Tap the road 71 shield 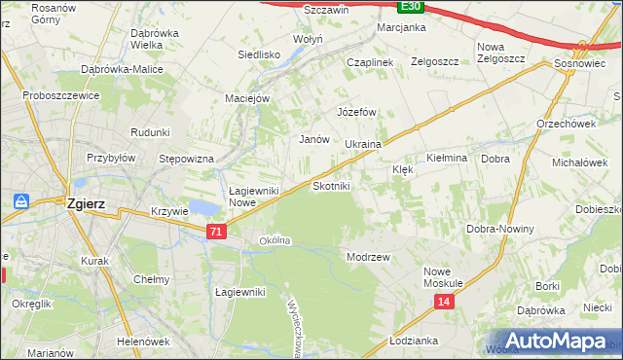coord(216,232)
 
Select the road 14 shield coord(444,303)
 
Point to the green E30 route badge coord(411,6)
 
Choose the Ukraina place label coord(363,144)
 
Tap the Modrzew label coord(368,257)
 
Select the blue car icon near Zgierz coord(20,201)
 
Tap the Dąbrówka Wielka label coord(132,38)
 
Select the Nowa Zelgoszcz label coord(500,53)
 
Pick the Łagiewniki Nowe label coord(255,197)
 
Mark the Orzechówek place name coord(566,124)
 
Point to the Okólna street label coord(275,240)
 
